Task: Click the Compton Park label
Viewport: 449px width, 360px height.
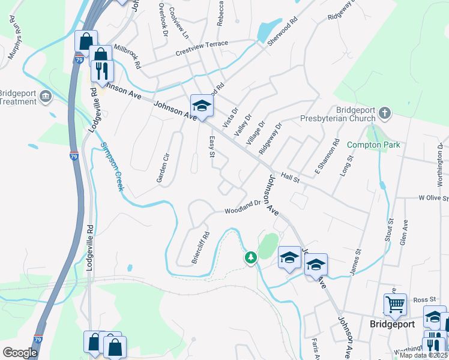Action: (x=373, y=145)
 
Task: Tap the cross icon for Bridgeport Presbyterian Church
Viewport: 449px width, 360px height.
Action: (x=385, y=113)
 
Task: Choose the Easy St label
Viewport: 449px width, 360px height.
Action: (x=211, y=146)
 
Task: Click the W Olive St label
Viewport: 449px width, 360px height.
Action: (x=433, y=197)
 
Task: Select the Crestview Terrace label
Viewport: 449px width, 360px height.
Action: (x=202, y=44)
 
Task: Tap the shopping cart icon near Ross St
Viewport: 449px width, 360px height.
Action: (x=395, y=304)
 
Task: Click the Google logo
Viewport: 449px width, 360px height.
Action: (x=20, y=352)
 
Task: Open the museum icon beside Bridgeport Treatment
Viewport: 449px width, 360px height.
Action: (x=45, y=97)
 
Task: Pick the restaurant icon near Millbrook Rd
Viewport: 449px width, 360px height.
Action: (x=101, y=71)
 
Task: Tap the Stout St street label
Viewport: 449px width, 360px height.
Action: (x=390, y=230)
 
